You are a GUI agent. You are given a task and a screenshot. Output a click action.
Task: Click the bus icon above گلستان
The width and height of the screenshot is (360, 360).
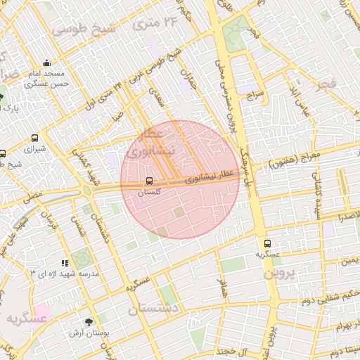[148, 181]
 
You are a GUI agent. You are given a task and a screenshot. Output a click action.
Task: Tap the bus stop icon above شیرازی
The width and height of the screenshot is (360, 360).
[34, 139]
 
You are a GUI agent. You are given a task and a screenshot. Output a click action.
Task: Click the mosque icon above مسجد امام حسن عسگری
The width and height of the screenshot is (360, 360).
[46, 63]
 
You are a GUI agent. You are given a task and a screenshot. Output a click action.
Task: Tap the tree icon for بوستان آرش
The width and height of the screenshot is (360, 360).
[88, 321]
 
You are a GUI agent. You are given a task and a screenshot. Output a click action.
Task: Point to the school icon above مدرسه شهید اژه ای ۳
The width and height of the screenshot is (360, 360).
[65, 263]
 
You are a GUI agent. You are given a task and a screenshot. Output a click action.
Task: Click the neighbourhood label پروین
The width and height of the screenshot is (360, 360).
[282, 273]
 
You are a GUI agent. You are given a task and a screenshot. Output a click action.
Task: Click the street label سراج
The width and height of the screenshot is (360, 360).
[254, 92]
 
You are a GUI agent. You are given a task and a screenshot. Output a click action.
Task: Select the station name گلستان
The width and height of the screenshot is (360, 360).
[148, 191]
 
